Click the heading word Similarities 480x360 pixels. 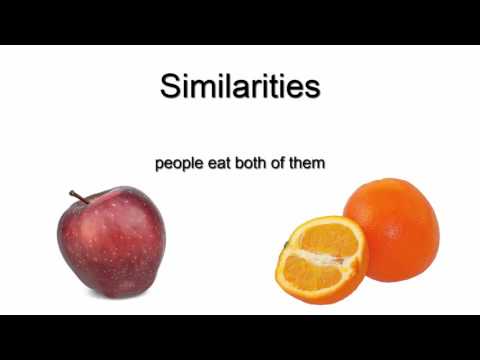pos(240,86)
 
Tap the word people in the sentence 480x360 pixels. pos(177,161)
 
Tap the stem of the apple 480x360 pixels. pos(79,196)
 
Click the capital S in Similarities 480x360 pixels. pos(171,86)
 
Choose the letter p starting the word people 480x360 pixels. pos(159,163)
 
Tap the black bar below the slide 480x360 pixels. pos(240,337)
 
